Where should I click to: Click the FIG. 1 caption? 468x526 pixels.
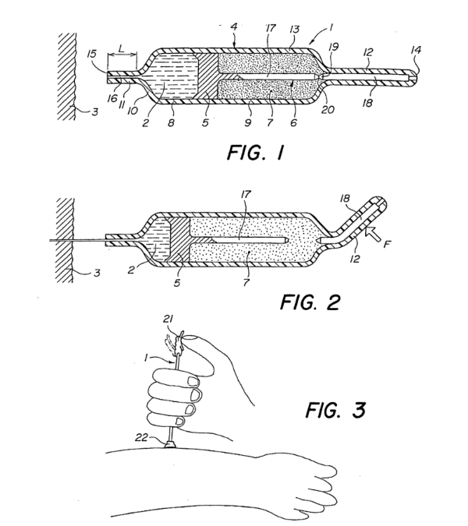256,153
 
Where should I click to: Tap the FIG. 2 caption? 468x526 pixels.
310,302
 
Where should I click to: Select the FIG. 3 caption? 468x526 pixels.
335,410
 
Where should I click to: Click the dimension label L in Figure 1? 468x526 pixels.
122,48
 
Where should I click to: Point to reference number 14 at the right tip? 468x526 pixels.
416,50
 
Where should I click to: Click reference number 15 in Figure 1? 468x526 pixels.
91,54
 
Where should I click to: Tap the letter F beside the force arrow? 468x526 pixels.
387,244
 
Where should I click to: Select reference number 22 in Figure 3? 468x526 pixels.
142,437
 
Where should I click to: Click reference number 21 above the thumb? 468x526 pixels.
168,319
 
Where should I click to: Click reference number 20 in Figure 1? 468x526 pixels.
328,109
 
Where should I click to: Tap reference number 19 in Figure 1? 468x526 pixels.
334,47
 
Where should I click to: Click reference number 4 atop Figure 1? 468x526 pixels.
234,26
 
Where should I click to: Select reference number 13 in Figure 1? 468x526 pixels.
294,29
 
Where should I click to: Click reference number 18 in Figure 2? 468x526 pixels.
345,199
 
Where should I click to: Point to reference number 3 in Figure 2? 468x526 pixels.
97,273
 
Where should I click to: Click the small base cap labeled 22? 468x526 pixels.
171,444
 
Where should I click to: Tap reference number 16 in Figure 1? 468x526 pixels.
112,98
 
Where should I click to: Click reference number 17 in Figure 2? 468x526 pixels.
246,195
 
